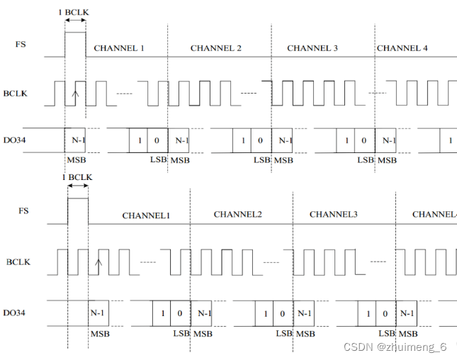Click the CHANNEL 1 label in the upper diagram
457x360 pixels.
[x=119, y=48]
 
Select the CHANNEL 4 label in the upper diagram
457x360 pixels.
[x=402, y=48]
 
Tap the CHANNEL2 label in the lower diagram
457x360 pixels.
[x=238, y=214]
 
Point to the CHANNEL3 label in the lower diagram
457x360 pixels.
[x=334, y=214]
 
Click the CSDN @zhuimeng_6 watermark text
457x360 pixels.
[x=395, y=347]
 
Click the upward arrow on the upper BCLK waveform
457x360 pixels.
[x=76, y=93]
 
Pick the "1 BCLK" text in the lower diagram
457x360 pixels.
[x=78, y=176]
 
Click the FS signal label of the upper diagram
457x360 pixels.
[x=21, y=43]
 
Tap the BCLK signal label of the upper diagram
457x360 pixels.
[x=17, y=94]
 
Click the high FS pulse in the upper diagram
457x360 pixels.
[x=75, y=44]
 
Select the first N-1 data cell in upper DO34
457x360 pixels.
[x=77, y=140]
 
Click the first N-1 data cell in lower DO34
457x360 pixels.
[x=100, y=313]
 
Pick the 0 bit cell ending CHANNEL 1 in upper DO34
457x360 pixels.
[x=157, y=140]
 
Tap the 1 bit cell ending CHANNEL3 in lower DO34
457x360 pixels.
[x=367, y=313]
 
